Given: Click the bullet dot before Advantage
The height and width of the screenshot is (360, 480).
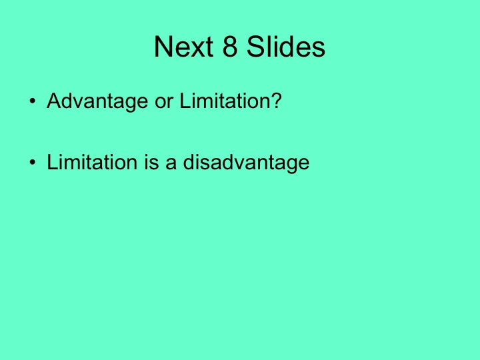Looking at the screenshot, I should (x=32, y=103).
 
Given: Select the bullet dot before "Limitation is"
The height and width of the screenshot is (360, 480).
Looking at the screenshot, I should (x=32, y=163).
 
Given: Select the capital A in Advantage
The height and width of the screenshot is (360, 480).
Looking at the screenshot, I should (x=54, y=103).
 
